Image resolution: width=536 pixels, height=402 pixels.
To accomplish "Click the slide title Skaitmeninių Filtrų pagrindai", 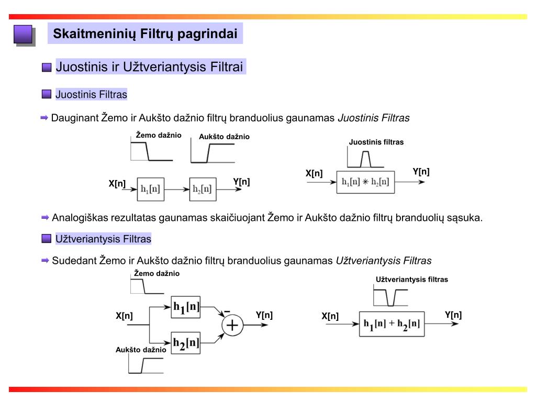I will [146, 35].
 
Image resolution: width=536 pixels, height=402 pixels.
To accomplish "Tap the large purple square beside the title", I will [23, 35].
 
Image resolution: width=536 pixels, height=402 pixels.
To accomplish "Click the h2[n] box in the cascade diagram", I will [203, 189].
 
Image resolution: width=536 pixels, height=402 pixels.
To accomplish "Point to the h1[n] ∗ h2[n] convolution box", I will [365, 182].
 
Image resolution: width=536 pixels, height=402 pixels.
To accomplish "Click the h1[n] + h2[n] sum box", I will [392, 324].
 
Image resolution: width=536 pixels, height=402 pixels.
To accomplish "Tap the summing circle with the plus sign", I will [232, 326].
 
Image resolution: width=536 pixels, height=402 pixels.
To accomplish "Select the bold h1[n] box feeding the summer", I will [186, 308].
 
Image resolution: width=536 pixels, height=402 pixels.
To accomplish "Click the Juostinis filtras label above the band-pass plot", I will [376, 142].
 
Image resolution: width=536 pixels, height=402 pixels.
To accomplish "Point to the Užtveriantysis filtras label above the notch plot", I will [412, 280].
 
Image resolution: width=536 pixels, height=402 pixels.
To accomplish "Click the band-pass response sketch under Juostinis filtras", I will [365, 158].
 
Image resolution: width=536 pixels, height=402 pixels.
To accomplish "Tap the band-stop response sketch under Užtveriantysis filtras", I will [390, 297].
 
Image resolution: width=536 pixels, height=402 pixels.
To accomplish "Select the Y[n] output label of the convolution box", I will [421, 172].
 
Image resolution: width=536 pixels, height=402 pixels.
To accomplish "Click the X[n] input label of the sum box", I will [330, 316].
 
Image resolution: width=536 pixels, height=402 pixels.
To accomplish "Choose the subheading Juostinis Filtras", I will [91, 95].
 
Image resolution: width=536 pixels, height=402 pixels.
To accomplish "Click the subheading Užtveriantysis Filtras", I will [103, 239].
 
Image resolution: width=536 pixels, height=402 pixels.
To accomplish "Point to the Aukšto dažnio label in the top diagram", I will [224, 137].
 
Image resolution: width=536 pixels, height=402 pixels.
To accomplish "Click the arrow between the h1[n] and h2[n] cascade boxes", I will [176, 189].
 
